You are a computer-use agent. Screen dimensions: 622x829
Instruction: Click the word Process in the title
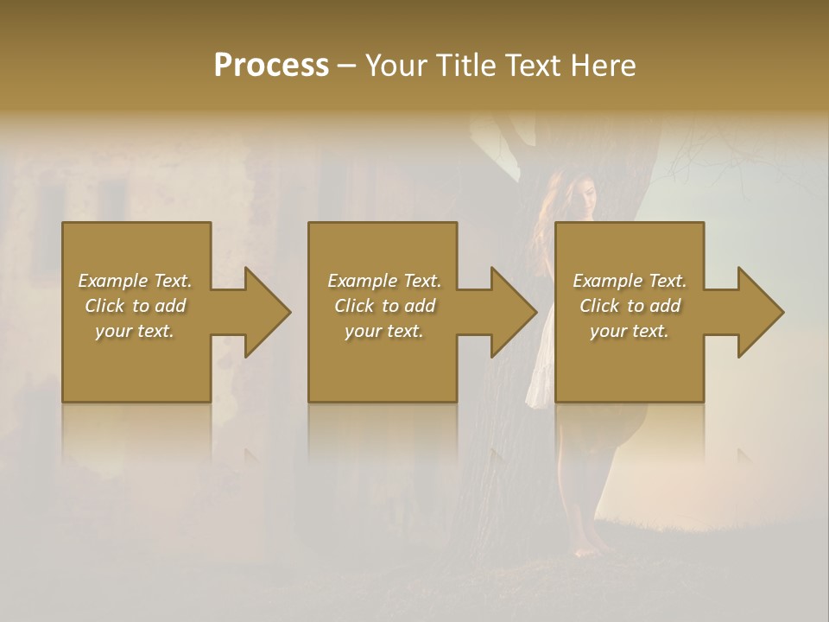271,66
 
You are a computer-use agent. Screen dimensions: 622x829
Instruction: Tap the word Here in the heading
603,66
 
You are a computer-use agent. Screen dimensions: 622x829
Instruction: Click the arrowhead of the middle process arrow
513,312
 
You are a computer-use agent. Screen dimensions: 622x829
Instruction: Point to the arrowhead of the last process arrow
759,312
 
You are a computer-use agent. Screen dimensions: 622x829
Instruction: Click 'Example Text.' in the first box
135,281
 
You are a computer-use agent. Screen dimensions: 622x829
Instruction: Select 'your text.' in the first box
135,331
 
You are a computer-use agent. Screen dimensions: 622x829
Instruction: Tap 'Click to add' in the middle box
384,306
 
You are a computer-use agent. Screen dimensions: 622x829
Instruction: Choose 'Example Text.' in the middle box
384,281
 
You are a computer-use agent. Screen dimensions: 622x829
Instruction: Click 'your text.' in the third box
630,331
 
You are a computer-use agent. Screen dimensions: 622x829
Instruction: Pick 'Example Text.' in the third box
630,281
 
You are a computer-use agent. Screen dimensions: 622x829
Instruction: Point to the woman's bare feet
595,546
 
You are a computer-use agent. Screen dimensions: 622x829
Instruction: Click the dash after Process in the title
347,67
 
